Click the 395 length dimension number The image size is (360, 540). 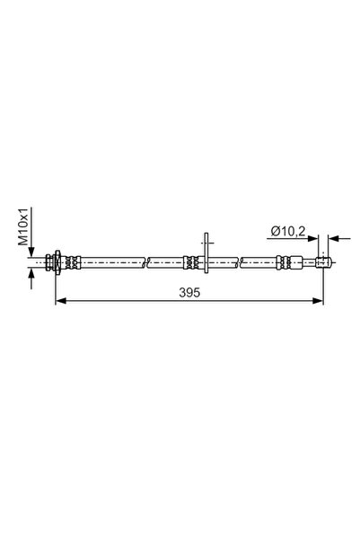tap(189, 293)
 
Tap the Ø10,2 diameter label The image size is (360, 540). tap(288, 233)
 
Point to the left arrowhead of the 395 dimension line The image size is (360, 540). tap(60, 302)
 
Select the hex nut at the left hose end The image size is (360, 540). tap(57, 261)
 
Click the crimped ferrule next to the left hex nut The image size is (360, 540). tap(71, 261)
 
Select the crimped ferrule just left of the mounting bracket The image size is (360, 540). tap(191, 261)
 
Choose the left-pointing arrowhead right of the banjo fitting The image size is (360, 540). tap(332, 239)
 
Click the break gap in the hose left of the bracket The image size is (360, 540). tap(145, 261)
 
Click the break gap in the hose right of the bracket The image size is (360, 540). tap(239, 261)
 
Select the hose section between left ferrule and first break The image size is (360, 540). tap(111, 261)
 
